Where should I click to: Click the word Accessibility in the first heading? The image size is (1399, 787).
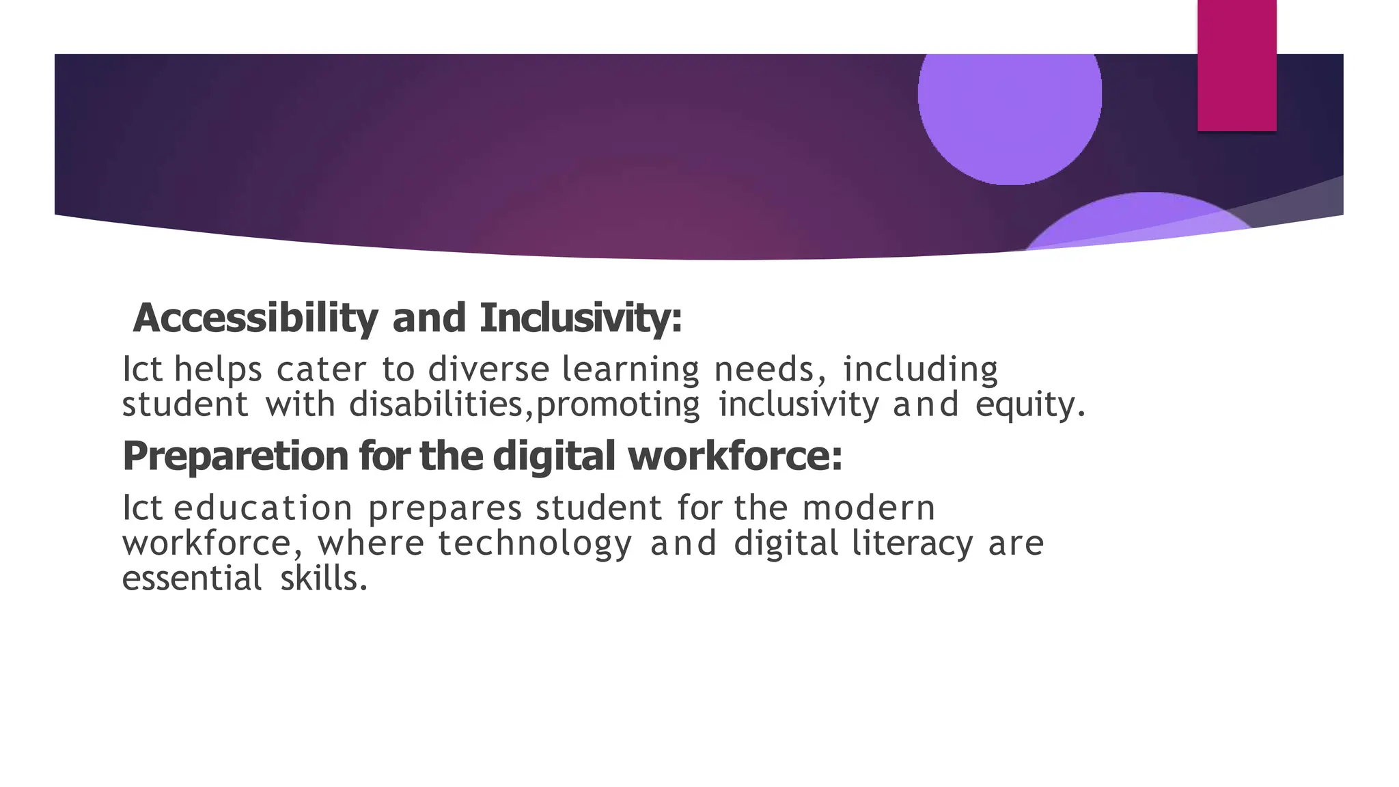(255, 318)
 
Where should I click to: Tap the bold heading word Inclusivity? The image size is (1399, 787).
(581, 318)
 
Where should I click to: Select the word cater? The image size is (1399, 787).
(322, 370)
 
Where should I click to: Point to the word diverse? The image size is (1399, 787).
(488, 370)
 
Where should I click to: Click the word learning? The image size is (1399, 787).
(631, 371)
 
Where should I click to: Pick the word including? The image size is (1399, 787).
(920, 371)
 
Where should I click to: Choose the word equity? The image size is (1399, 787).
(1029, 404)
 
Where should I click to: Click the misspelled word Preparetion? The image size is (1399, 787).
(236, 456)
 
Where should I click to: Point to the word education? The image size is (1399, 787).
(263, 508)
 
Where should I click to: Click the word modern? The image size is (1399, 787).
(868, 508)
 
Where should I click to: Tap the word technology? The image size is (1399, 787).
(535, 544)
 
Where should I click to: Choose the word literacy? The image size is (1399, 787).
(912, 544)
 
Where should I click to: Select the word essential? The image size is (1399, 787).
(192, 579)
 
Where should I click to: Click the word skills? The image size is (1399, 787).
(324, 579)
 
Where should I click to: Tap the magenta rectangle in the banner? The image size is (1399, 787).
(1236, 66)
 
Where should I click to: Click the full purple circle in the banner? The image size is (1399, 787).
(1010, 102)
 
